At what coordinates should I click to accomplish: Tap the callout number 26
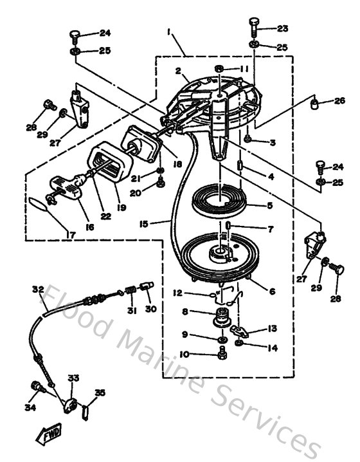point(340,100)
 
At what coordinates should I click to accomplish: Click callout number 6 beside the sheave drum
point(272,291)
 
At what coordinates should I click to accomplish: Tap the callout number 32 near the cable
point(37,289)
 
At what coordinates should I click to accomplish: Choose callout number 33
point(73,378)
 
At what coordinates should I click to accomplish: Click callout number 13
point(273,328)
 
